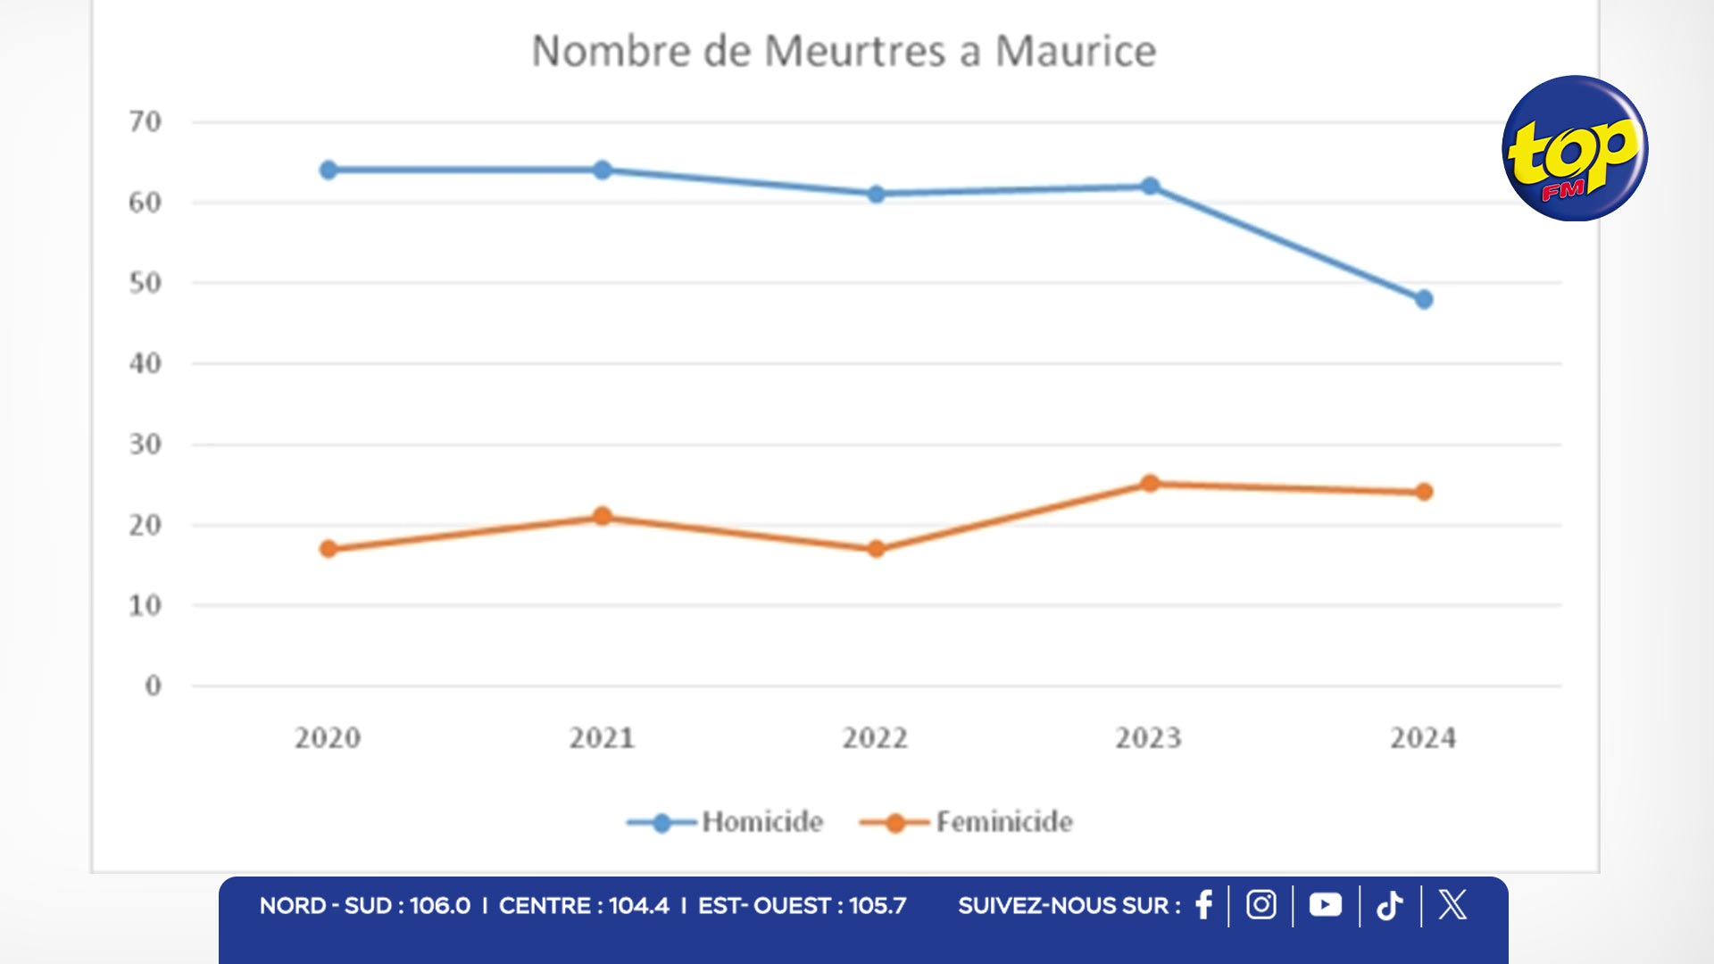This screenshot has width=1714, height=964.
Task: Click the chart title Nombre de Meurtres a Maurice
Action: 844,51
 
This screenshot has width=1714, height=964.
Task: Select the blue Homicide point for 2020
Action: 329,170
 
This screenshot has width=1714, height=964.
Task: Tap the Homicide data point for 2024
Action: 1424,300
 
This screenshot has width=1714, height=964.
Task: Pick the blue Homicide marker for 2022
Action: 876,194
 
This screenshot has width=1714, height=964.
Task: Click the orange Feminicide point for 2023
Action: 1150,484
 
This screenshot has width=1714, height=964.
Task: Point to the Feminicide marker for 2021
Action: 603,516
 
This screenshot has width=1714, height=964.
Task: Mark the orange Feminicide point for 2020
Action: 329,549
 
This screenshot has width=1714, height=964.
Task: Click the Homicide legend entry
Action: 725,822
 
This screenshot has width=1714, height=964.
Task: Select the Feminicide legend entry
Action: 966,822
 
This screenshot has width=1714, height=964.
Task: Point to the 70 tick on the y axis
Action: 146,121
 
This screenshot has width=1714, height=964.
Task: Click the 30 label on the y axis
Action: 146,445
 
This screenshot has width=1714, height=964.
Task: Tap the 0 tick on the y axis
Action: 153,686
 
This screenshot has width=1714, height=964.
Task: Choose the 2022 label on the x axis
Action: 875,738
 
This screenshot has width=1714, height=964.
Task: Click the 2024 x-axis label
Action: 1423,738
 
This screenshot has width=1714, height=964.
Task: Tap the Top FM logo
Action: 1575,148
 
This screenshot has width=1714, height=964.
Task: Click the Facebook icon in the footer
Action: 1203,905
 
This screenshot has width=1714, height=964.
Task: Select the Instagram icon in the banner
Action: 1261,905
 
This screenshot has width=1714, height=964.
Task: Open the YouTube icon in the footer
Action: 1325,905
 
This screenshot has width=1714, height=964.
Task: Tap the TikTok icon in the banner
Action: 1389,906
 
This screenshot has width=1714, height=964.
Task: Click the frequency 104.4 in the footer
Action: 638,906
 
